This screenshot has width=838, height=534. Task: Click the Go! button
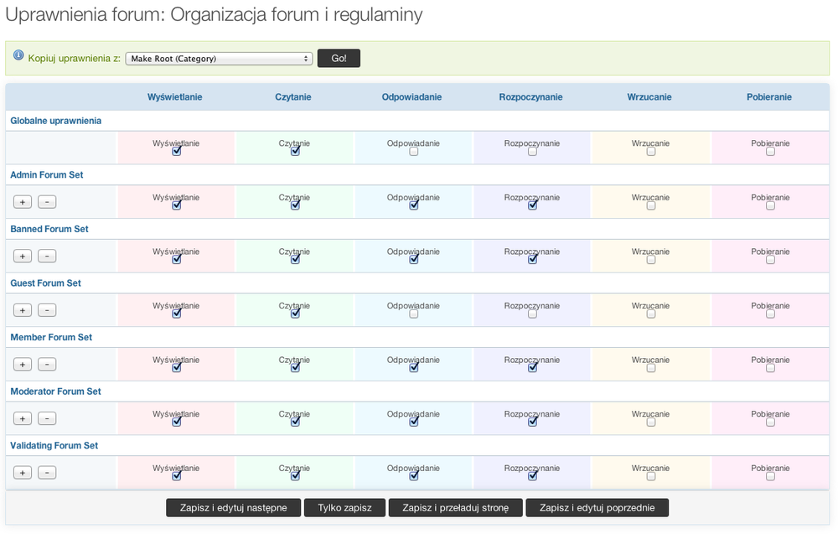click(339, 59)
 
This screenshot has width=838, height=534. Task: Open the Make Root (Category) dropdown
click(219, 59)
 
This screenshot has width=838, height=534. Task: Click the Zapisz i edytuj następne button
click(233, 507)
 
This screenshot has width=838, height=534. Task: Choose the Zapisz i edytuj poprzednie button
click(597, 507)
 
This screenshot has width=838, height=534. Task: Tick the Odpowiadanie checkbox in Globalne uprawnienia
click(414, 152)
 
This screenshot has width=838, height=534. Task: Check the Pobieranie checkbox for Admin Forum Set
click(770, 206)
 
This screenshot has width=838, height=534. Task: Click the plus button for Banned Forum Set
click(23, 256)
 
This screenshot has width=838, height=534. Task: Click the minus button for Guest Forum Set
click(47, 310)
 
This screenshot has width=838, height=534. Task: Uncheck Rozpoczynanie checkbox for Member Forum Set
click(533, 368)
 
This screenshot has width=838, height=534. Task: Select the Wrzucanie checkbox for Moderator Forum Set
click(651, 423)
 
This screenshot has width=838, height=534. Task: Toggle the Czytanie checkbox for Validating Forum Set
click(295, 476)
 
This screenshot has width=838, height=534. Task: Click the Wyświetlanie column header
click(174, 97)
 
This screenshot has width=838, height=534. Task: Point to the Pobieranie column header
click(769, 97)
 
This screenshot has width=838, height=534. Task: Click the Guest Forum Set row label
click(45, 283)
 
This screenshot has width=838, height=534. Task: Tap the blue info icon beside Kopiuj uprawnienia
click(18, 55)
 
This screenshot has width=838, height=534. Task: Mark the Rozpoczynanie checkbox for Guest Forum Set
click(533, 314)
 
